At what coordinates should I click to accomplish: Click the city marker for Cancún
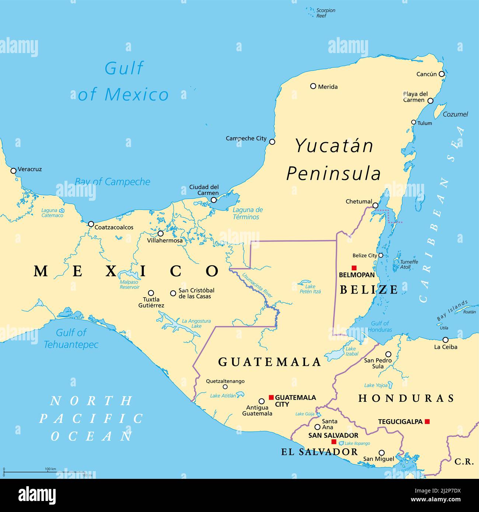point(441,74)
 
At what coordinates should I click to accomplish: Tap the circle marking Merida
point(313,86)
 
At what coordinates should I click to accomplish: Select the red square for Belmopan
point(354,268)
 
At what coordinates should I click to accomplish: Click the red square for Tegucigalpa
point(427,421)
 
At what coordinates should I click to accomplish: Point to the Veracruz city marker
point(14,171)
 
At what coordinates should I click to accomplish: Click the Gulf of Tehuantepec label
point(71,339)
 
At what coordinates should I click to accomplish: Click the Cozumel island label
point(455,114)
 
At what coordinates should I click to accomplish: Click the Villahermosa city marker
point(161,234)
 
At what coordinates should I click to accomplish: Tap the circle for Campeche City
point(272,142)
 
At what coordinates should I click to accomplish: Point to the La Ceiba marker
point(445,340)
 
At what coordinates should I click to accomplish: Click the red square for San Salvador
point(334,442)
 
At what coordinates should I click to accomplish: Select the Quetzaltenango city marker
point(225,387)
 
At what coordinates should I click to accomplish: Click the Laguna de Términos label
point(248,213)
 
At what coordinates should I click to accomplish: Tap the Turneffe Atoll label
point(409,264)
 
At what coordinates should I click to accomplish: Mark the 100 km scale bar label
point(50,469)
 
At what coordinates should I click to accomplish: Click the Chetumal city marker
point(375,206)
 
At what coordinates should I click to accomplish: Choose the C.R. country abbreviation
point(464,461)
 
